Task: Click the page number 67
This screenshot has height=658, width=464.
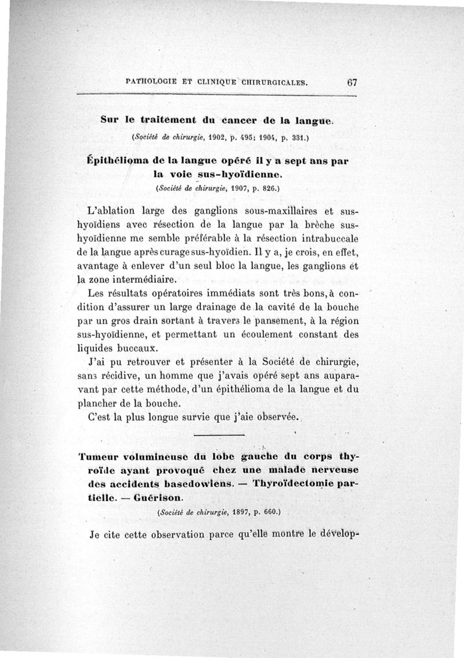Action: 352,82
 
